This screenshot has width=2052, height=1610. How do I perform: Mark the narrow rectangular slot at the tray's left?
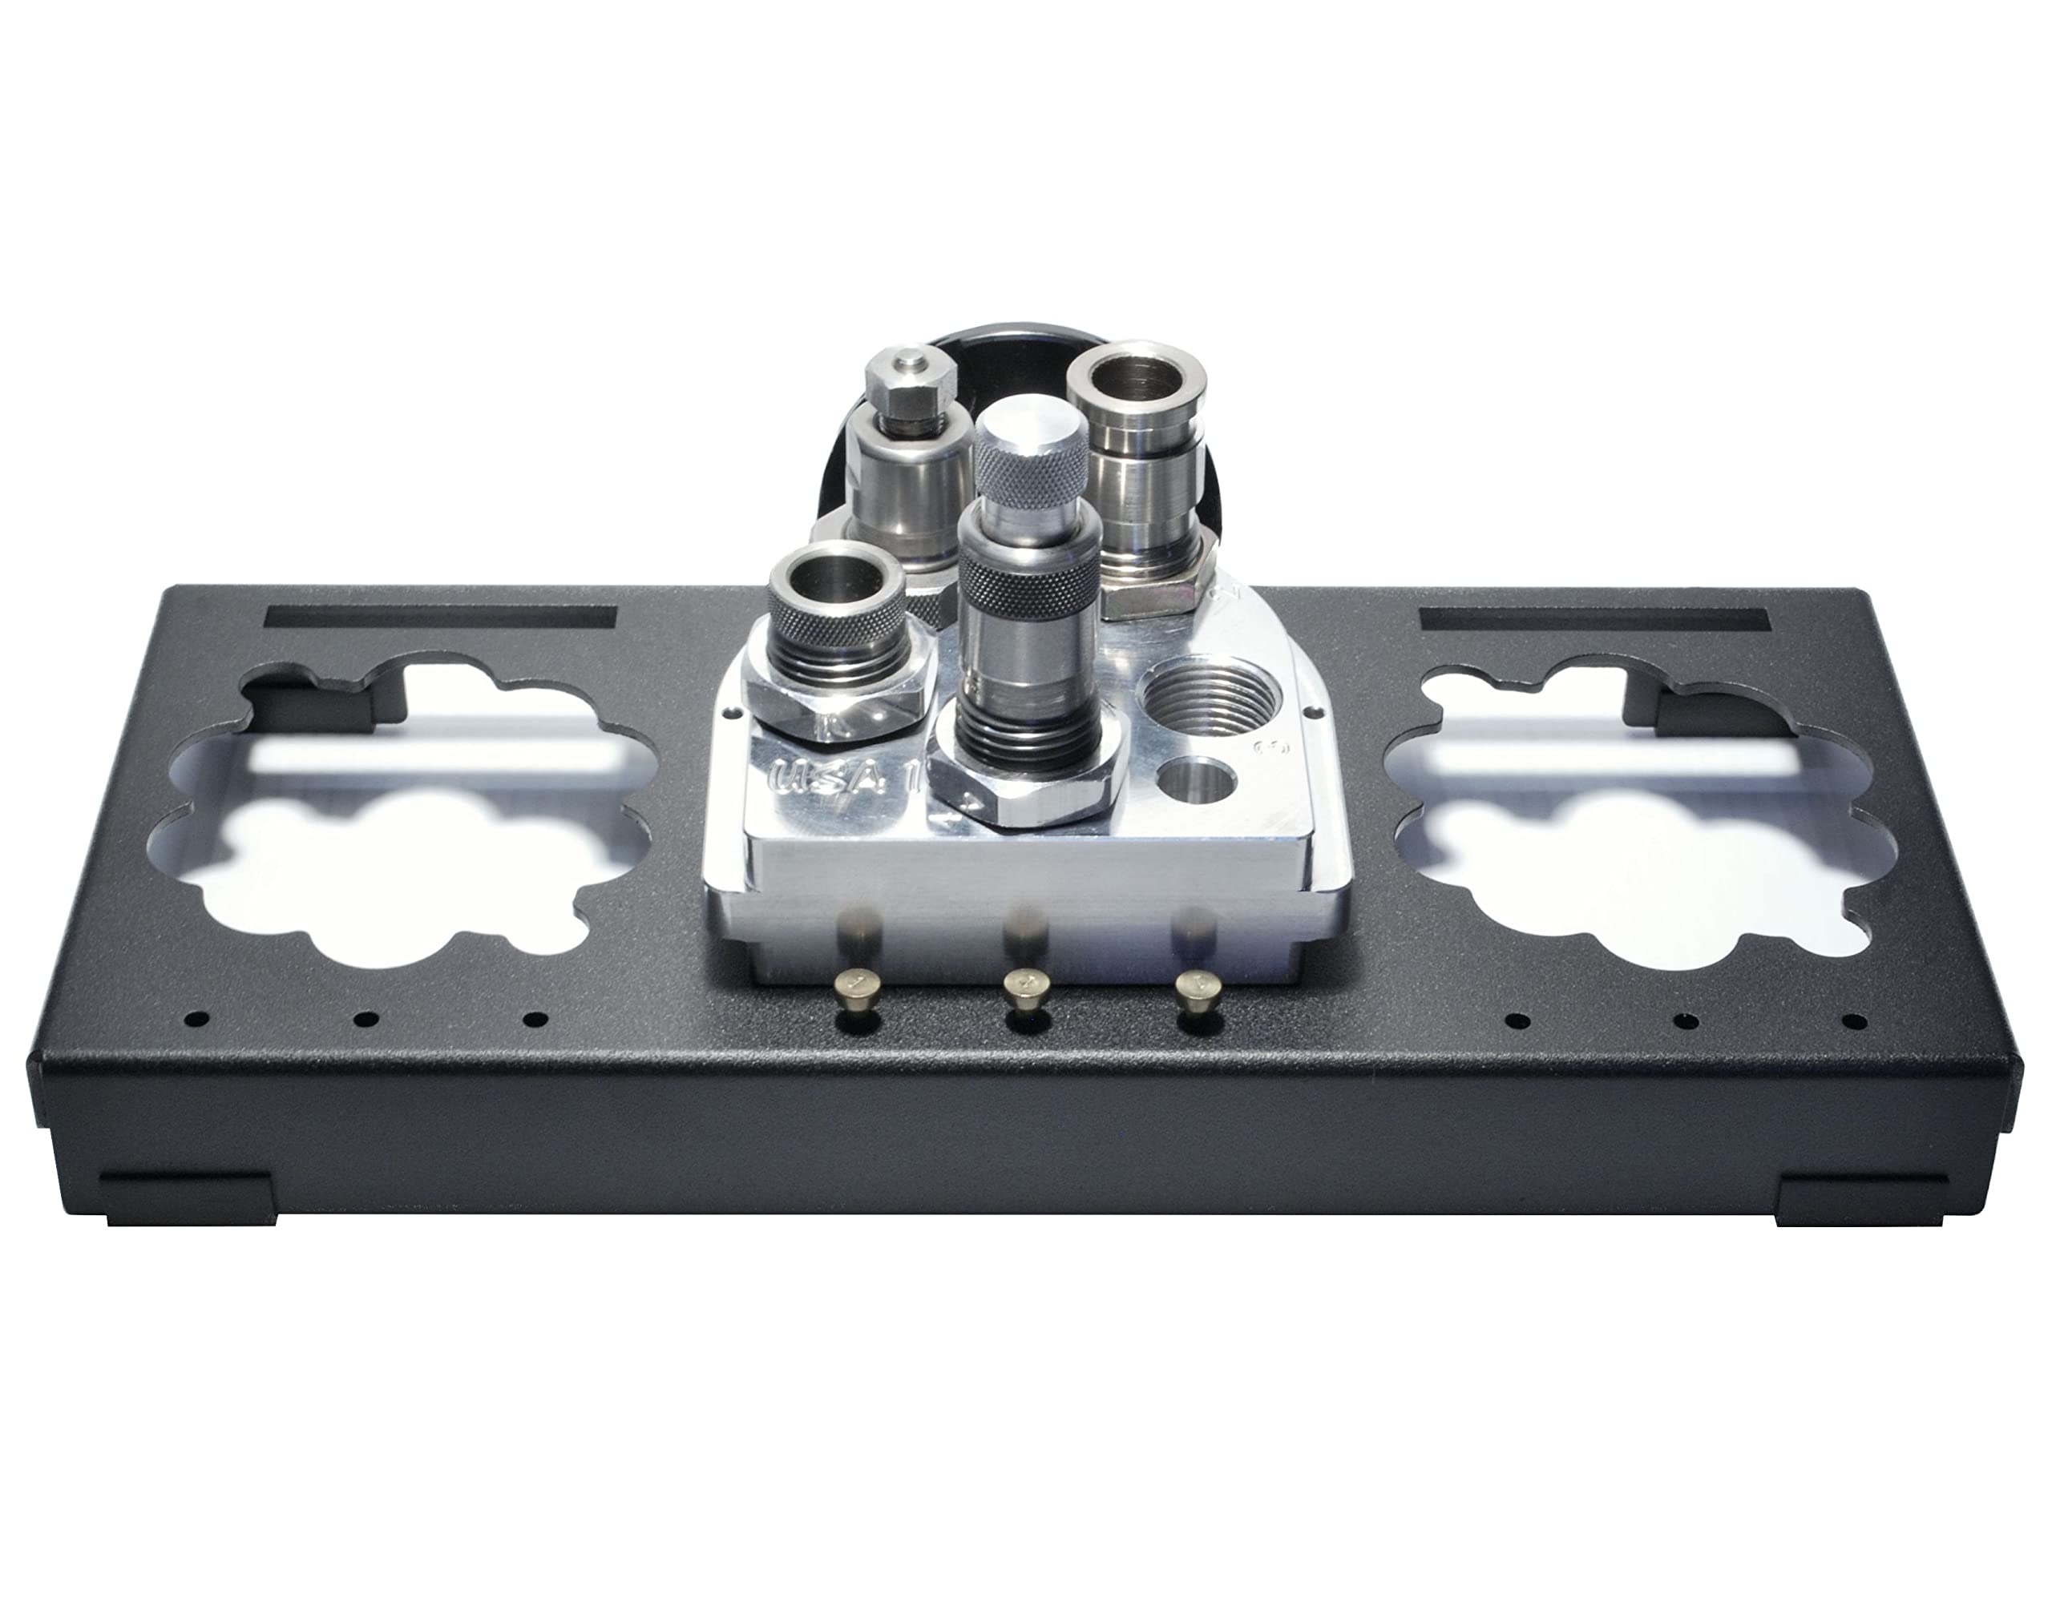[x=442, y=618]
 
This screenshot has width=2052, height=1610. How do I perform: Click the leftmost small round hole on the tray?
[x=199, y=1019]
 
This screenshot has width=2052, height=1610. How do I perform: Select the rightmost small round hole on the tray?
[x=1855, y=1020]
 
